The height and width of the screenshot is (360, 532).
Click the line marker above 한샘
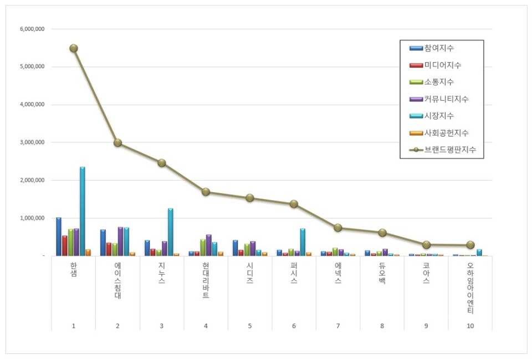(74, 48)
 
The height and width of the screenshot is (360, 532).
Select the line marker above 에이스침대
(117, 142)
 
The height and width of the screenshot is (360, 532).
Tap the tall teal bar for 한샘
(82, 210)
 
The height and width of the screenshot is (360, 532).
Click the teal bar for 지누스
(171, 232)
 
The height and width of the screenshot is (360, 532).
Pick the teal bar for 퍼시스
(303, 241)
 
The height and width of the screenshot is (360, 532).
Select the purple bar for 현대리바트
(209, 245)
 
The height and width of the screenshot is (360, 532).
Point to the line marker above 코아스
(426, 245)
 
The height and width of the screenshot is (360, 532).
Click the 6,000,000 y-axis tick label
(32, 29)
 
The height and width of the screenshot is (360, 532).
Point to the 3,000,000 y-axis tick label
(32, 142)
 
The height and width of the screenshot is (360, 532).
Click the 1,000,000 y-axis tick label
(32, 218)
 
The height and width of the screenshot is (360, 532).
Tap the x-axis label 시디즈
(250, 273)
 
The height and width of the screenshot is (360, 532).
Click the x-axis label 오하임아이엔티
(470, 288)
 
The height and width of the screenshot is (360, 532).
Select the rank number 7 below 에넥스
(338, 326)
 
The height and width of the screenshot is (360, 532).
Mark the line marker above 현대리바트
(206, 192)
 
